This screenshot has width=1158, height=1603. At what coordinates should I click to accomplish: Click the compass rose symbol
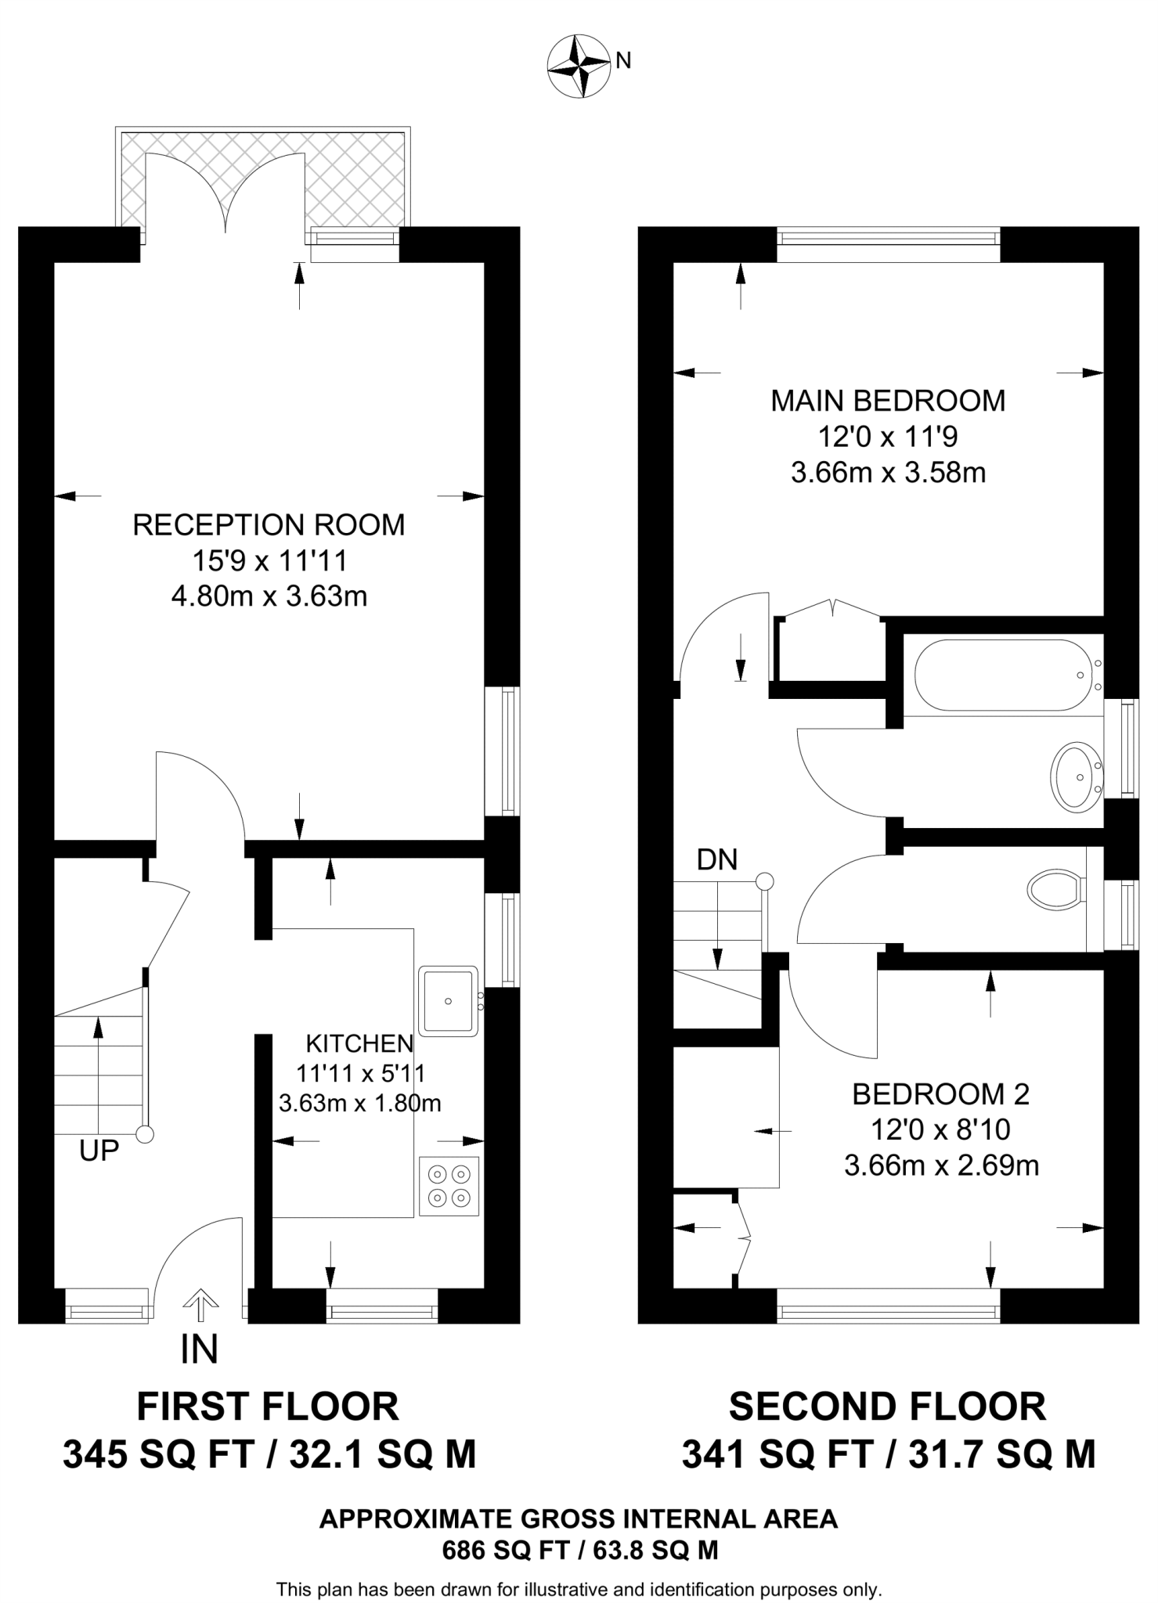click(579, 66)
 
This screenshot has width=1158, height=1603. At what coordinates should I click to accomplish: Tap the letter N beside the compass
click(623, 61)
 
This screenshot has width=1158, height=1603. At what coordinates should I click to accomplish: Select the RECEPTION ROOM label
click(269, 524)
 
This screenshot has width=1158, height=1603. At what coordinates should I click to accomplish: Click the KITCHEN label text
click(359, 1043)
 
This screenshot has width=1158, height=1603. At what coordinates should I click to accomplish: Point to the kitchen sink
click(449, 1001)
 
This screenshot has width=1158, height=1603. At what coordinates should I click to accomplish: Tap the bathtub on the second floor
click(1002, 675)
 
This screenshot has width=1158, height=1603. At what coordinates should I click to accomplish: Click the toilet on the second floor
click(1055, 888)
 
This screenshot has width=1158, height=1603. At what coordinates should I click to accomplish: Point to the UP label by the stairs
click(99, 1150)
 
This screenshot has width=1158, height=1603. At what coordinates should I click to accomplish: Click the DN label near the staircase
click(716, 860)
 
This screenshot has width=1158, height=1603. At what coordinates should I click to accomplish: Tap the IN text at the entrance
click(199, 1350)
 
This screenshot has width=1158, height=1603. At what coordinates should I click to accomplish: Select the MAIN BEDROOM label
click(888, 401)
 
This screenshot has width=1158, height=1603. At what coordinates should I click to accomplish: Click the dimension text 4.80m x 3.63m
click(269, 596)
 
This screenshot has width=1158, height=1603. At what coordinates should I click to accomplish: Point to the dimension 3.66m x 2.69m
click(941, 1166)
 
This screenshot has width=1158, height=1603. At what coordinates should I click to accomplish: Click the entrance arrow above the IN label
click(200, 1302)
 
